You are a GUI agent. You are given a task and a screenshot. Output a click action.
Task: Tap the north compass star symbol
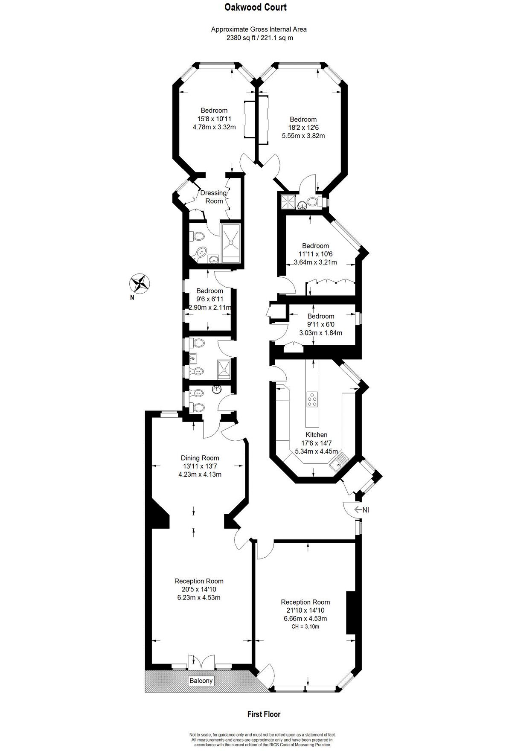[x=140, y=282]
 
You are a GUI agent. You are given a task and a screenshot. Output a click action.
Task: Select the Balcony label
[x=201, y=681]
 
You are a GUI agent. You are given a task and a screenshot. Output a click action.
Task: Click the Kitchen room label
[x=317, y=435]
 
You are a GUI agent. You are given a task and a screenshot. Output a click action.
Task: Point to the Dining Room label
[x=200, y=458]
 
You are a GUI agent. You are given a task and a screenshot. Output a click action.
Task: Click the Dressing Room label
[x=213, y=197]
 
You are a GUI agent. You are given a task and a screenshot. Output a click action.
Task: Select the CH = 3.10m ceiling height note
[x=305, y=627]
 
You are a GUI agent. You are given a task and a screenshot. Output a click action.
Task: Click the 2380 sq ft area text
[x=241, y=38]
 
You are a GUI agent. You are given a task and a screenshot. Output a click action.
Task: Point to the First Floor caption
[x=264, y=714]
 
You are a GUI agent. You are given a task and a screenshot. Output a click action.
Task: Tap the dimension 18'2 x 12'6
[x=303, y=128]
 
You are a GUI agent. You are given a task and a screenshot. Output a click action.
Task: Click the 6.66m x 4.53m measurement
[x=305, y=618]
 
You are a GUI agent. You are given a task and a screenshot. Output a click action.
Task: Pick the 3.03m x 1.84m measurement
[x=321, y=333]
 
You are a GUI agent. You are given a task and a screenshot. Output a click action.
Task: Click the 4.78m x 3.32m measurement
[x=214, y=127]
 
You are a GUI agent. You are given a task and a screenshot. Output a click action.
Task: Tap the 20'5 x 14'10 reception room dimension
[x=199, y=589]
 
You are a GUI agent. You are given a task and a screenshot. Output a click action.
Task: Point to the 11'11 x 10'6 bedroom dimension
[x=316, y=254]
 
